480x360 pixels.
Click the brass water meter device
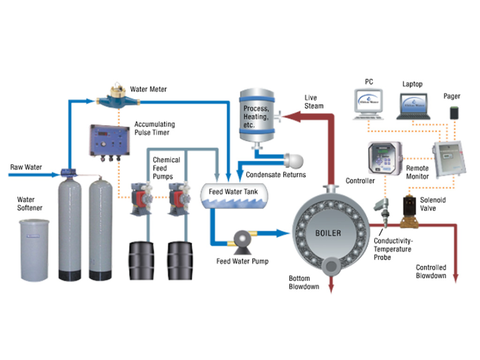[116, 97]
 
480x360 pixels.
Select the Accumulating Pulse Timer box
[110, 140]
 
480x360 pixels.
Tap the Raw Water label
[26, 167]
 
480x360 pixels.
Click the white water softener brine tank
[34, 250]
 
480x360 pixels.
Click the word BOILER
[328, 232]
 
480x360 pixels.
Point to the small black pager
[453, 113]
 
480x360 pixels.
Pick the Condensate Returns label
[276, 175]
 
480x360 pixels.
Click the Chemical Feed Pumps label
[166, 168]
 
